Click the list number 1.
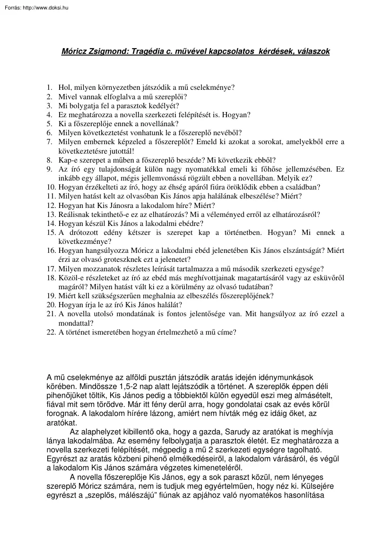click(49, 88)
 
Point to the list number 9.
click(49, 169)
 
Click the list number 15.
click(51, 233)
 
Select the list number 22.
click(51, 332)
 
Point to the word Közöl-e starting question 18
click(70, 278)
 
